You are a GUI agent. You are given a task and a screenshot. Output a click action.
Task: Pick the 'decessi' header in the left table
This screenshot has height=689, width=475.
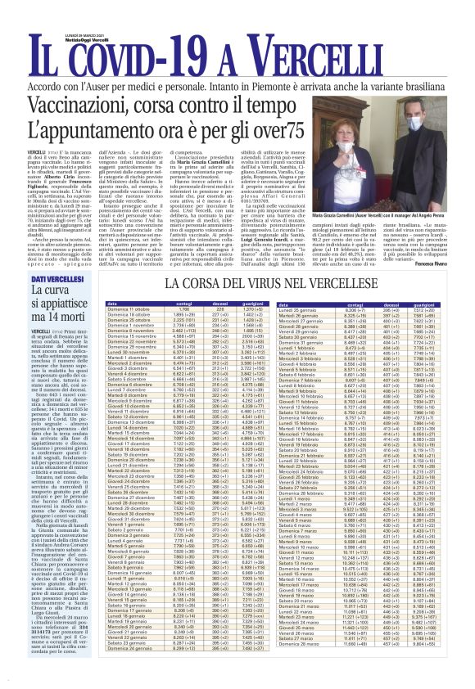pos(201,303)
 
